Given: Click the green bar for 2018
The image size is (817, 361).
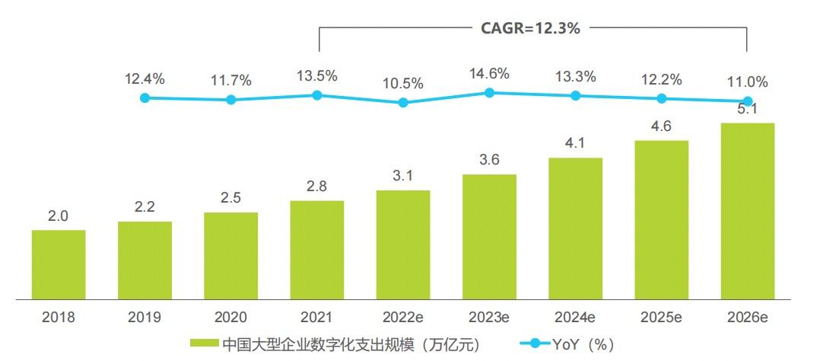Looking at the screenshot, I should point(59,264).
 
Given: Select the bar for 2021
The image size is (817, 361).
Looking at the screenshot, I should point(316,250).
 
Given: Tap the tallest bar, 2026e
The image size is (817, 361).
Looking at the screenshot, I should point(747,211).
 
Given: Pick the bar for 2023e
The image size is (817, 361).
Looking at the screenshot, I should point(489,237).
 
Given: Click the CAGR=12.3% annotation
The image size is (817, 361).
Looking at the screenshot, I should point(530,29).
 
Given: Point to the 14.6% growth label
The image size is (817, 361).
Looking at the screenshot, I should point(489,74).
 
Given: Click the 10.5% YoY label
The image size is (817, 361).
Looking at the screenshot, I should point(403,84).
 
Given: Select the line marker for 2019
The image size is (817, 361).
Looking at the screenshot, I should point(145,97).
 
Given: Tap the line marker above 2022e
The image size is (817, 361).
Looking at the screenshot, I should point(403,102).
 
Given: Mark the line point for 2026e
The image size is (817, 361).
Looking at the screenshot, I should point(747,101).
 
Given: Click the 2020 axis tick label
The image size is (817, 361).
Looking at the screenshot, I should point(230,316).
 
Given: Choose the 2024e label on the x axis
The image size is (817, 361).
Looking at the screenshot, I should point(575,316).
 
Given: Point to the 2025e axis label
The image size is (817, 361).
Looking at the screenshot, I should point(661,316).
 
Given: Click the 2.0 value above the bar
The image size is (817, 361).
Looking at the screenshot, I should point(59,216).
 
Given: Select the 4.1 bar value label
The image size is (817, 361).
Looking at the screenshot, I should point(575,144).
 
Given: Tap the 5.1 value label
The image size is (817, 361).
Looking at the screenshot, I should point(747,109).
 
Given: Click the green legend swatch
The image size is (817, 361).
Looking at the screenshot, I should point(205,344).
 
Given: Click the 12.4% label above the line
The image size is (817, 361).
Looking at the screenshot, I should point(145,78).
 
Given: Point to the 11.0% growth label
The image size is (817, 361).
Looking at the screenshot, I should point(747,82).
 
